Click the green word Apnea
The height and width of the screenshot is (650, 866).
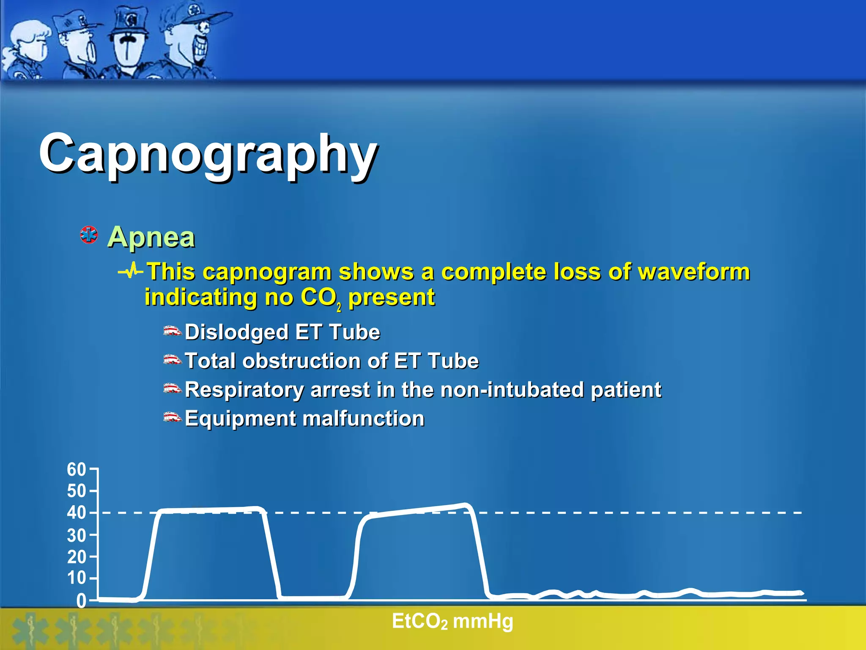151,237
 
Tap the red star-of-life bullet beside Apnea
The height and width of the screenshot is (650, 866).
89,235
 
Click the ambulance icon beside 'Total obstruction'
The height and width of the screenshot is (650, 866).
172,360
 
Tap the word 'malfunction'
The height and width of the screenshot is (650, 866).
364,419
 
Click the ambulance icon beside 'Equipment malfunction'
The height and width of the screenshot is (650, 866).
172,418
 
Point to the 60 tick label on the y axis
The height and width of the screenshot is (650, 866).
76,470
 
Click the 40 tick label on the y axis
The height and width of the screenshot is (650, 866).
76,513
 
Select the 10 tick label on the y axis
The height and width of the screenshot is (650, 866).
76,578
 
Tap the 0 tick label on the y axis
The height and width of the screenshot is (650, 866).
81,601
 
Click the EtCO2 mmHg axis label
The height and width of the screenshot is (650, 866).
452,622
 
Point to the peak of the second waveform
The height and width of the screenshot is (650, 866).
465,504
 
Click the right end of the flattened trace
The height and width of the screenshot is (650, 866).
800,593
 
